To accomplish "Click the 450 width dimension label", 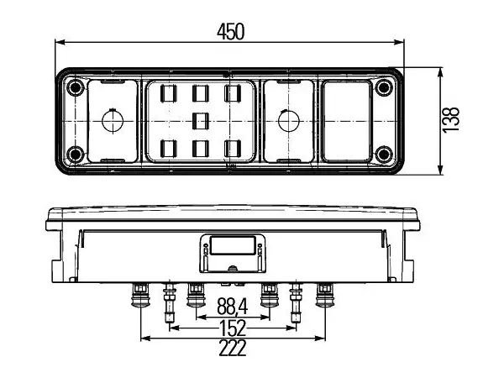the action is (230, 32).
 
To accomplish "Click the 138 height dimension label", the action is (450, 119).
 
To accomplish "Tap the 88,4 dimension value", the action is (232, 307).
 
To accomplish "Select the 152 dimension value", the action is (233, 328).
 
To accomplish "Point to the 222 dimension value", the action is (233, 348).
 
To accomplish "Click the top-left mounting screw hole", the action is (76, 87).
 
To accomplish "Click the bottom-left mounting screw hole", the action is (76, 155).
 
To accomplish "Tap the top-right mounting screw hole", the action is (384, 87).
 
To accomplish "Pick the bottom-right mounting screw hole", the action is (384, 155).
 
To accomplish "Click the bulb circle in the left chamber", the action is (113, 121).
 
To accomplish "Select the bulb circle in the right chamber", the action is (288, 121).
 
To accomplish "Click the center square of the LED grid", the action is (201, 121).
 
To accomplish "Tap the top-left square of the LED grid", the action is (169, 93).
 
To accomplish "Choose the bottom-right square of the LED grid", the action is (233, 149).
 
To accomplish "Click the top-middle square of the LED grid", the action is (201, 93).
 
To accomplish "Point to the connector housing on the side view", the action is (233, 254).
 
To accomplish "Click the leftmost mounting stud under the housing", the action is (140, 295).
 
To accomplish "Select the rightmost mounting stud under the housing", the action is (325, 295).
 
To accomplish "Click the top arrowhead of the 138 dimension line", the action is (440, 73).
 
